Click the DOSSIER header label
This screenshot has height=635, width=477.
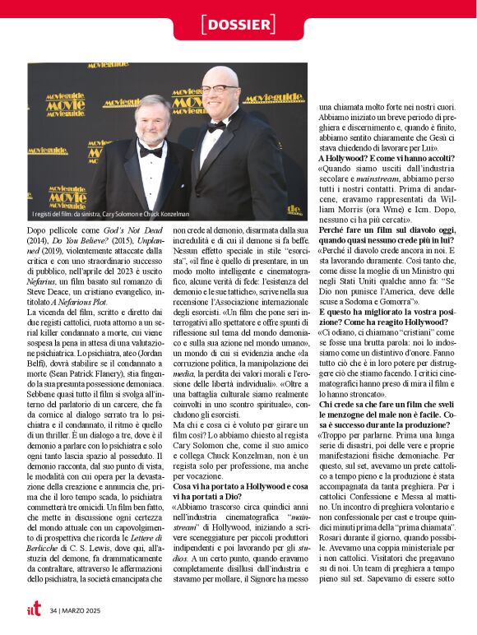(238, 25)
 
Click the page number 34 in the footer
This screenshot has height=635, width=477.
(54, 610)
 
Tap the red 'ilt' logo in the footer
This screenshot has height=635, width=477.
(34, 610)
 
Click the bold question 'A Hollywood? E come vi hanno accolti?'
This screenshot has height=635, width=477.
(382, 157)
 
